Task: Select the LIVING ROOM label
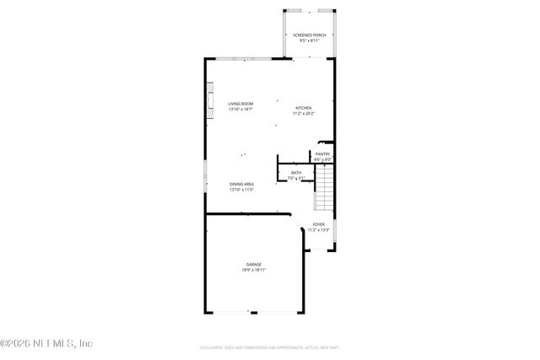pyautogui.click(x=240, y=104)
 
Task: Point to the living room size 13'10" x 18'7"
pyautogui.click(x=240, y=110)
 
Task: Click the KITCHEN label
pyautogui.click(x=304, y=107)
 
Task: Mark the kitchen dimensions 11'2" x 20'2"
pyautogui.click(x=304, y=113)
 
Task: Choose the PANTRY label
pyautogui.click(x=322, y=153)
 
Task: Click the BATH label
pyautogui.click(x=296, y=173)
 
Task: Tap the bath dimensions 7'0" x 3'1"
pyautogui.click(x=296, y=178)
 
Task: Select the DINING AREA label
pyautogui.click(x=241, y=184)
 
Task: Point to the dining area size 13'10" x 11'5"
pyautogui.click(x=241, y=190)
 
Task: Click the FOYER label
pyautogui.click(x=318, y=224)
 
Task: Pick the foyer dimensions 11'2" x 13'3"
pyautogui.click(x=318, y=229)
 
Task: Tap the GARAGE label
pyautogui.click(x=254, y=265)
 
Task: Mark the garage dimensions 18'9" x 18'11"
pyautogui.click(x=254, y=271)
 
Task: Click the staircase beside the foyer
pyautogui.click(x=325, y=189)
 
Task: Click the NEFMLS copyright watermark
pyautogui.click(x=46, y=343)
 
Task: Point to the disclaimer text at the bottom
pyautogui.click(x=270, y=347)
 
